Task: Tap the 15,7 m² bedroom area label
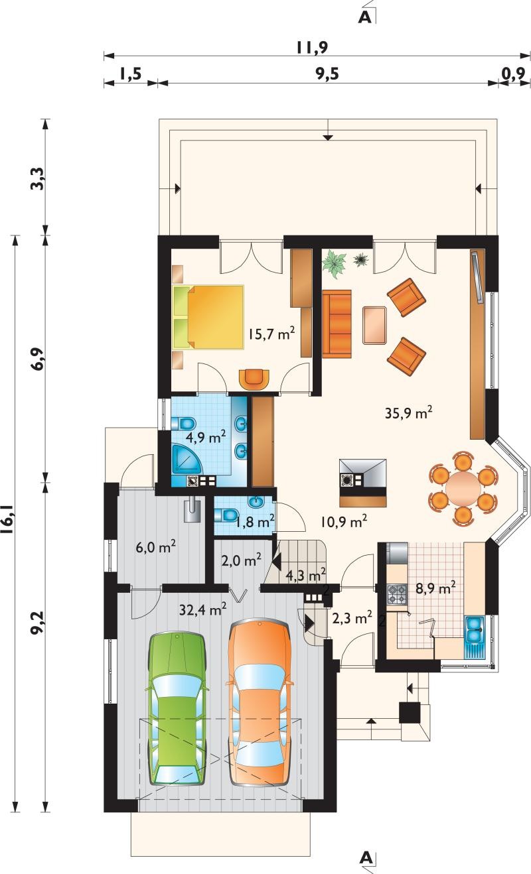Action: (x=271, y=334)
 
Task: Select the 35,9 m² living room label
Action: (x=408, y=412)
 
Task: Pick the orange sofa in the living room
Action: (x=337, y=324)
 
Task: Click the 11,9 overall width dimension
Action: (x=311, y=48)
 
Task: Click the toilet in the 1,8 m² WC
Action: (x=226, y=515)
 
